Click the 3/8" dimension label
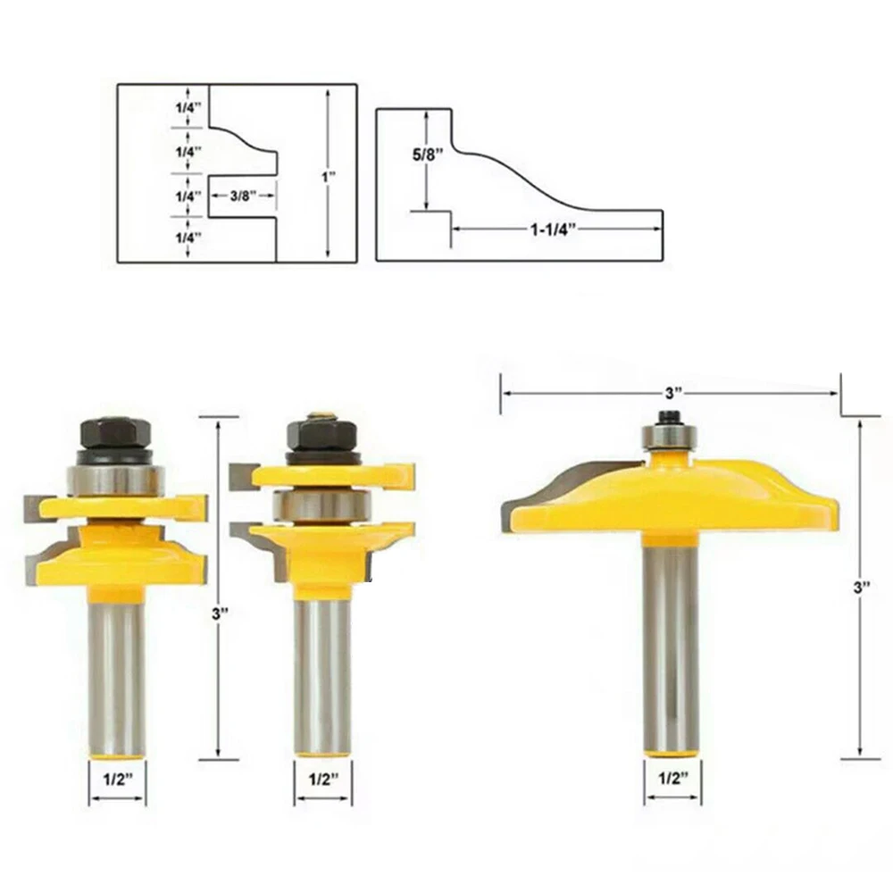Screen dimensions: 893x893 243,196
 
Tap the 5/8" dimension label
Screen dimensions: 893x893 428,154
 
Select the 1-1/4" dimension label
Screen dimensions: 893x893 555,230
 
